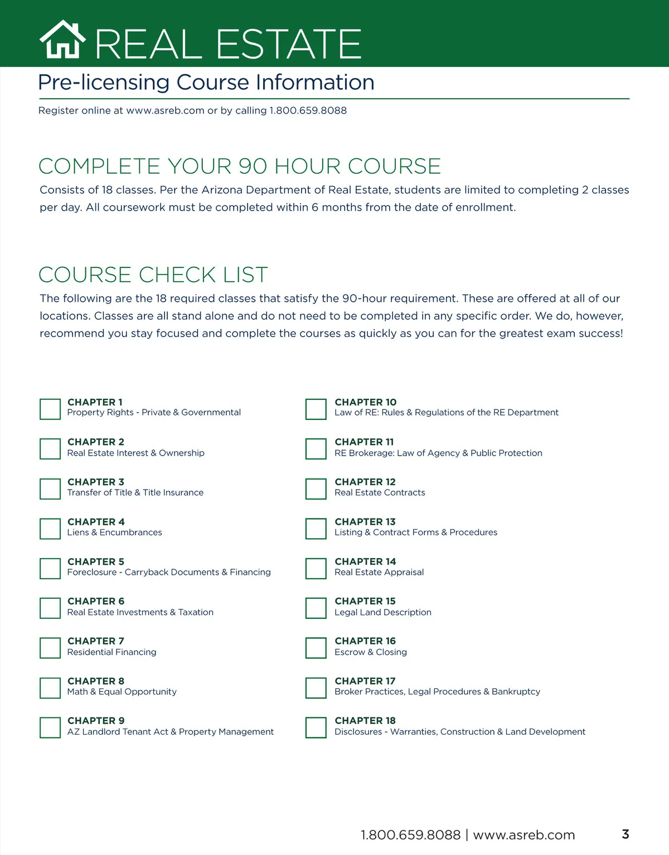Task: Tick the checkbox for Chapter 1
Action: pyautogui.click(x=50, y=409)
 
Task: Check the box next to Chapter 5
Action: pyautogui.click(x=50, y=568)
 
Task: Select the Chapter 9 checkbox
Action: pyautogui.click(x=50, y=727)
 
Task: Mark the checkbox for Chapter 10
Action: pyautogui.click(x=316, y=409)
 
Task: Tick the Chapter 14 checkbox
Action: pyautogui.click(x=316, y=568)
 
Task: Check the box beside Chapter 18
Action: pyautogui.click(x=316, y=727)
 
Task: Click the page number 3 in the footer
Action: pyautogui.click(x=626, y=834)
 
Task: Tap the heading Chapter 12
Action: pyautogui.click(x=365, y=482)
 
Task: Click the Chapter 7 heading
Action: pyautogui.click(x=96, y=641)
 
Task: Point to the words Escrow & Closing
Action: pyautogui.click(x=371, y=652)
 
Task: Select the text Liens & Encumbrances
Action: pyautogui.click(x=115, y=532)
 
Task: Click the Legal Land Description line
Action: pyautogui.click(x=383, y=612)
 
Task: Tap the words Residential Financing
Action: pyautogui.click(x=112, y=652)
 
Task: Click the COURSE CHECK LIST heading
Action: pyautogui.click(x=153, y=275)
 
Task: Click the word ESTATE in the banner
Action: pyautogui.click(x=289, y=45)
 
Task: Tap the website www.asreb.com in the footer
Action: pyautogui.click(x=524, y=835)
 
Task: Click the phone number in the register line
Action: pyautogui.click(x=308, y=110)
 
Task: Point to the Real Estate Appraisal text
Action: pyautogui.click(x=379, y=572)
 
